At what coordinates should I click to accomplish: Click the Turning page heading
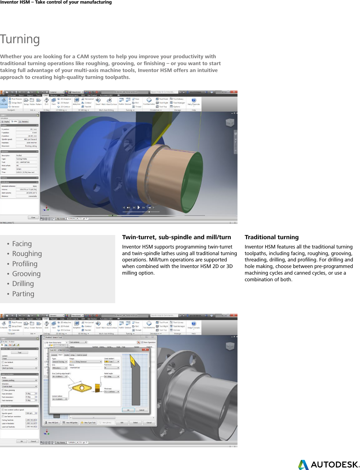(20, 39)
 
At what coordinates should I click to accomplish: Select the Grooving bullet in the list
(26, 274)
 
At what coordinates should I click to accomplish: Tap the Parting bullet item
(23, 294)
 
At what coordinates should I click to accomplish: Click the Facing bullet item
(22, 244)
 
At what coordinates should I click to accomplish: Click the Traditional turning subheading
(271, 237)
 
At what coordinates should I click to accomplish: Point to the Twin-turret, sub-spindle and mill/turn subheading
(176, 237)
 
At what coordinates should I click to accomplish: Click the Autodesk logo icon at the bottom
(303, 465)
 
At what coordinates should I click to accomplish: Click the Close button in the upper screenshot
(33, 217)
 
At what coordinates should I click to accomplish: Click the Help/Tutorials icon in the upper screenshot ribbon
(193, 101)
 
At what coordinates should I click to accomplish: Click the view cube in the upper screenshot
(230, 122)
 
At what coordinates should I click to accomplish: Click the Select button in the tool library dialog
(135, 423)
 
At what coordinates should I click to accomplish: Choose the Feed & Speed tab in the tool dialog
(82, 355)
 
